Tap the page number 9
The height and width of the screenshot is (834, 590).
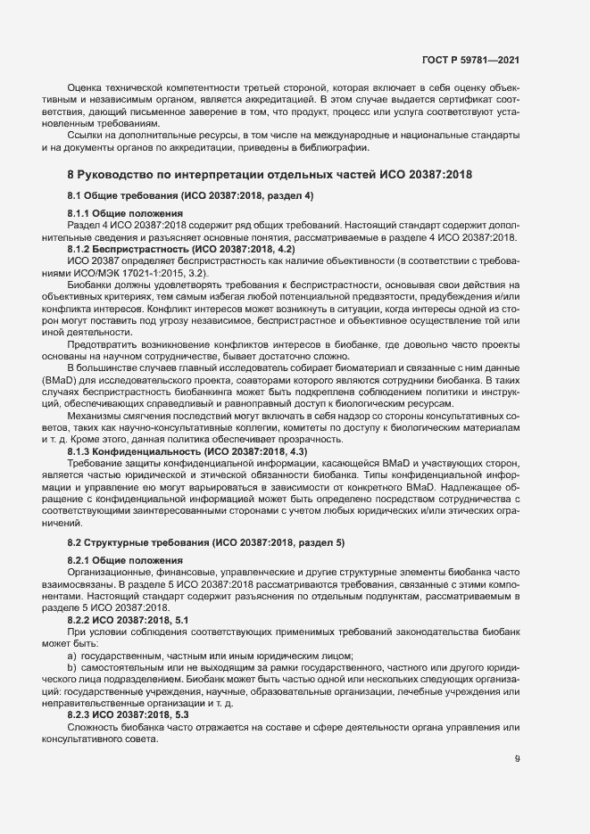[x=518, y=760]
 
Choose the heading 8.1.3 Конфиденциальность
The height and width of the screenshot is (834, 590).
[x=187, y=453]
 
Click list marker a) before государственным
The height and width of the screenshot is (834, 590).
[x=71, y=656]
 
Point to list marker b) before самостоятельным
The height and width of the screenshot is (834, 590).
[x=71, y=668]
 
